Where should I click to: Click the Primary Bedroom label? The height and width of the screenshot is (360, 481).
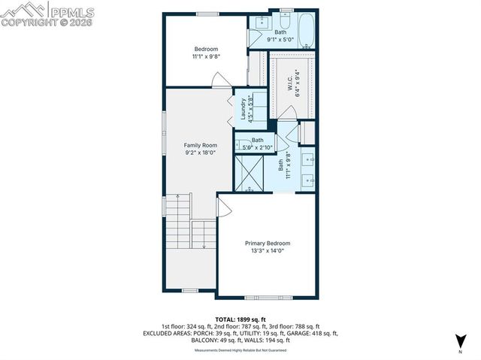(x=267, y=244)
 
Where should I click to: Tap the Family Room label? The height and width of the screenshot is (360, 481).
(x=200, y=145)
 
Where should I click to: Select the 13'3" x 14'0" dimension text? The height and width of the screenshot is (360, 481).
(x=267, y=252)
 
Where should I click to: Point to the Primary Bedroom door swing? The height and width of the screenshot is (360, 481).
(x=224, y=206)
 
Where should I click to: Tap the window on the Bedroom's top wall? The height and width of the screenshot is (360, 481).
(x=207, y=14)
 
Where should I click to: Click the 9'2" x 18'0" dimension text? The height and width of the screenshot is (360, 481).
(x=200, y=153)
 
